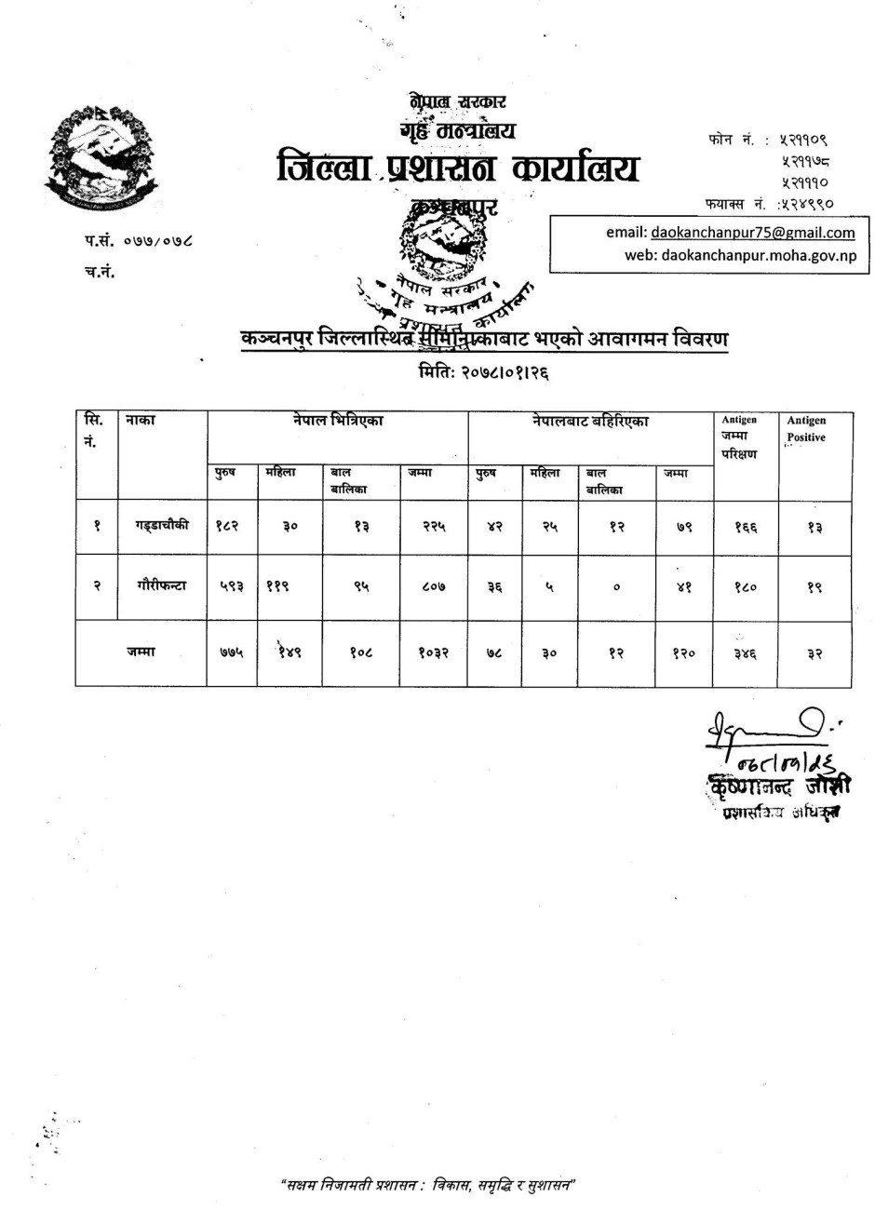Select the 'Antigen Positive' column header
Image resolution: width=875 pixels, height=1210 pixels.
[x=806, y=429]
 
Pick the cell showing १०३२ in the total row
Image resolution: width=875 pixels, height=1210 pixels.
[x=434, y=653]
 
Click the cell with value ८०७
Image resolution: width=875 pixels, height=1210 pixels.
[x=434, y=586]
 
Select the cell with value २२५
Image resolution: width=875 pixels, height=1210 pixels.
[x=434, y=526]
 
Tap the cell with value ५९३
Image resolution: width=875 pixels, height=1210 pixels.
[x=230, y=586]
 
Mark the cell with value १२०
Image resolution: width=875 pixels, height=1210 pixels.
[x=683, y=653]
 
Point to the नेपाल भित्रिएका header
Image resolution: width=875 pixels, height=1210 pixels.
[x=337, y=422]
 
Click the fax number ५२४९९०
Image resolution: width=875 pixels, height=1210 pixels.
[x=802, y=202]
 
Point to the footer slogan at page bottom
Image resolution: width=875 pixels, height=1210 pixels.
[x=429, y=1185]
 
